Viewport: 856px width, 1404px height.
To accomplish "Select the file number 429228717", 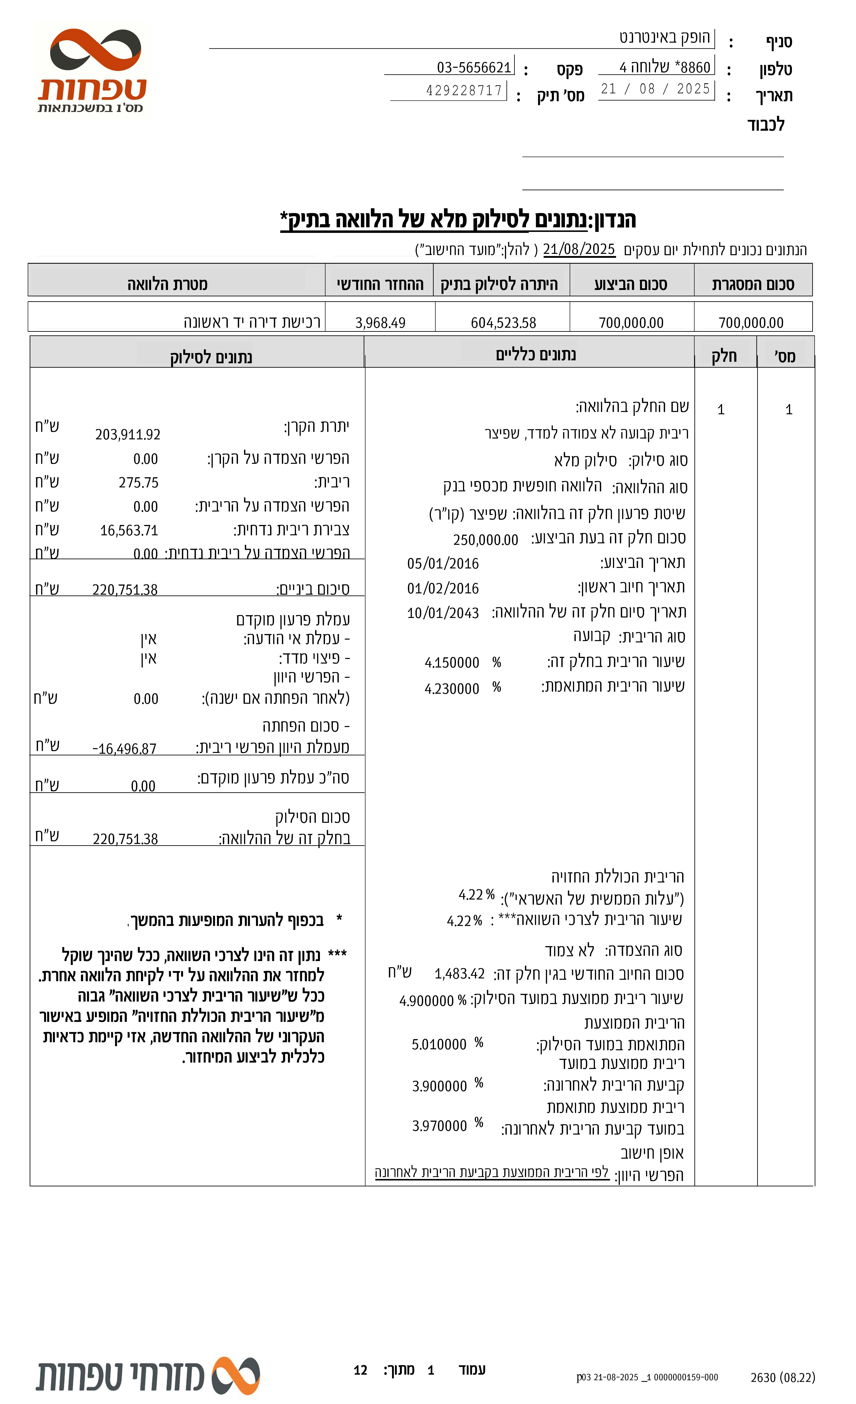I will pos(464,90).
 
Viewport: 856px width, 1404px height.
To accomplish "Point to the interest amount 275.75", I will pos(138,483).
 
